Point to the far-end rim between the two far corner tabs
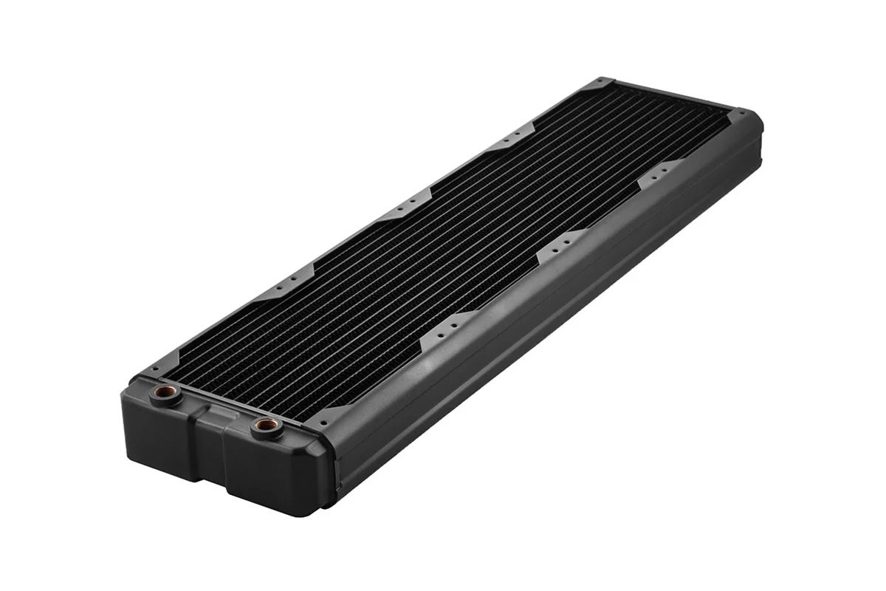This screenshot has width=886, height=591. [x=672, y=96]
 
